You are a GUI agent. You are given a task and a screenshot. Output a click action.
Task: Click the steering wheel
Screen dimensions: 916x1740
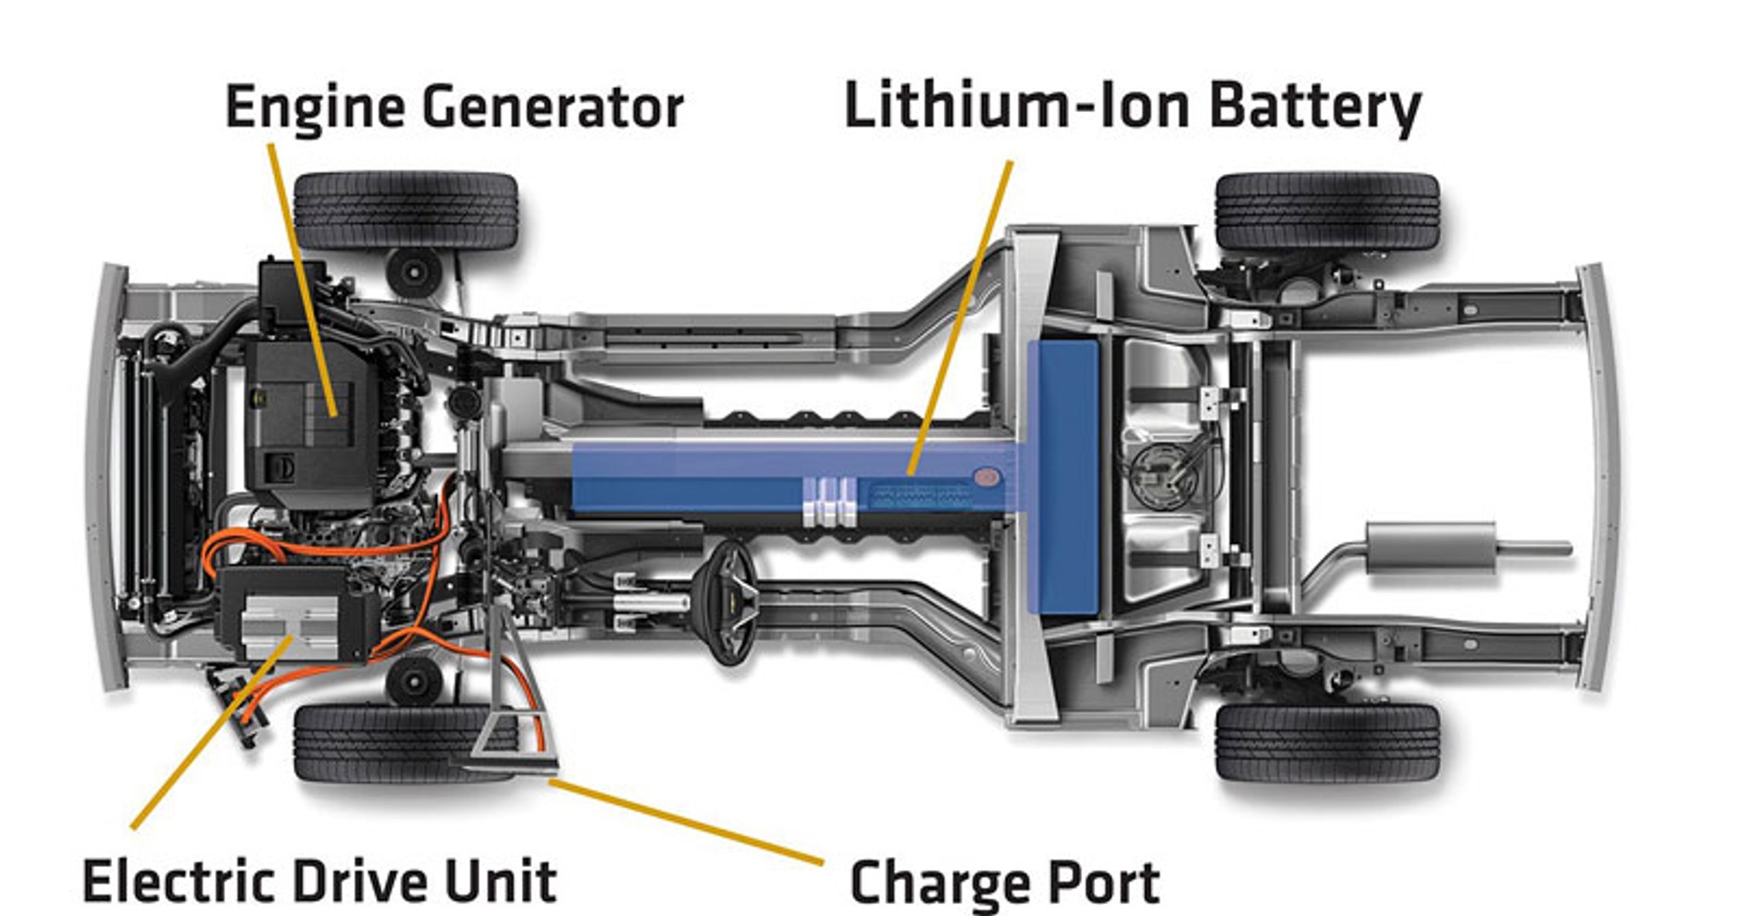(731, 601)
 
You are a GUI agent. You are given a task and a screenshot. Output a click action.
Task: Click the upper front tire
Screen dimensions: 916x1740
(404, 211)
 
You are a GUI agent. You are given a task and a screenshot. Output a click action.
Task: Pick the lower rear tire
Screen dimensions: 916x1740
(1326, 741)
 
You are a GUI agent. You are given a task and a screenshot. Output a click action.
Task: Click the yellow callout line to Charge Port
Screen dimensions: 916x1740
(685, 822)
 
